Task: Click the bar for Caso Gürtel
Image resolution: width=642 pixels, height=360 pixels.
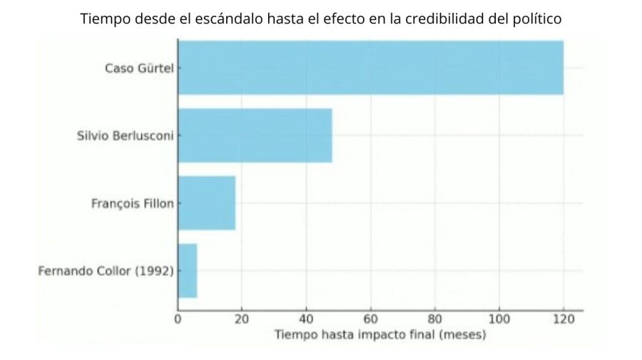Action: tap(370, 68)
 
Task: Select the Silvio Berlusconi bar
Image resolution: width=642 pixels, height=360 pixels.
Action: tap(255, 135)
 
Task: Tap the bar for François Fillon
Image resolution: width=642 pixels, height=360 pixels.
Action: tap(206, 203)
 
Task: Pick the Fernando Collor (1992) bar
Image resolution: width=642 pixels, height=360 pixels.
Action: tap(187, 271)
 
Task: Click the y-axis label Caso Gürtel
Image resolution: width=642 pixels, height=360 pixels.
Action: tap(139, 68)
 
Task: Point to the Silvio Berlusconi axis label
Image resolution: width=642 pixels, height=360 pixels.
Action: tap(125, 136)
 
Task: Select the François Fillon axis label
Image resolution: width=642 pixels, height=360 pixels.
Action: tap(133, 203)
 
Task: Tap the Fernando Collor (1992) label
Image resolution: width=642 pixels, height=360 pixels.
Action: tap(106, 271)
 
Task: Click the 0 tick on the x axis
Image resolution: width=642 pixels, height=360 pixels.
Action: tap(178, 319)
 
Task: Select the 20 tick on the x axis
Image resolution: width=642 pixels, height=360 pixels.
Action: tap(242, 319)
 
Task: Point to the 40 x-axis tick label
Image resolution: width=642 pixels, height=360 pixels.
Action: tap(306, 319)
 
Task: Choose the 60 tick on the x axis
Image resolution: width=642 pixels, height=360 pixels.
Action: tap(370, 319)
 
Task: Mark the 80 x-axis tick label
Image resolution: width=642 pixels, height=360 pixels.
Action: tap(434, 319)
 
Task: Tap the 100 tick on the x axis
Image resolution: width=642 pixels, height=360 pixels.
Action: tap(499, 319)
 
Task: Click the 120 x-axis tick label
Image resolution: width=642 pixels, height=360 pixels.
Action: tap(563, 319)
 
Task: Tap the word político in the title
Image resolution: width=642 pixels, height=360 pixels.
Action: tap(536, 19)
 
